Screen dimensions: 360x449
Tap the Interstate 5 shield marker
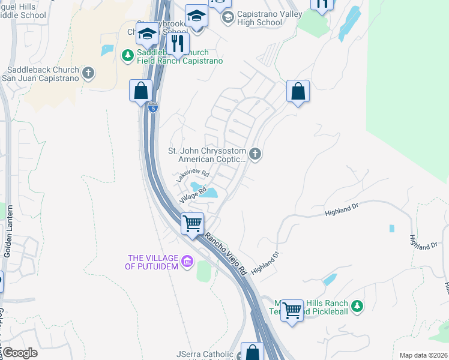pyautogui.click(x=154, y=109)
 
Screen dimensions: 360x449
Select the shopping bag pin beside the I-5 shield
pyautogui.click(x=140, y=91)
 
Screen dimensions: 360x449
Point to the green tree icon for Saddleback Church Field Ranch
pyautogui.click(x=127, y=56)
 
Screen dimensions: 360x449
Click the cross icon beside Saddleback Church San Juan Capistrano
pyautogui.click(x=88, y=73)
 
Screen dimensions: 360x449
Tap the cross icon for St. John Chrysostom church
pyautogui.click(x=255, y=155)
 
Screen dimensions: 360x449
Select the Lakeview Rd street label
pyautogui.click(x=192, y=176)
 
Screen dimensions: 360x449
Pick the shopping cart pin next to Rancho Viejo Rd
pyautogui.click(x=193, y=224)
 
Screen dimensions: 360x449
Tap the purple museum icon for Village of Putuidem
pyautogui.click(x=187, y=262)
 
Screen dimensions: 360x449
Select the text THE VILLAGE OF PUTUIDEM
pyautogui.click(x=152, y=262)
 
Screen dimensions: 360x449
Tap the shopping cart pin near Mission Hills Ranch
pyautogui.click(x=292, y=311)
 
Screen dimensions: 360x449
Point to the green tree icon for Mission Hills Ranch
pyautogui.click(x=357, y=307)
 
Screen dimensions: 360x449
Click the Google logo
pyautogui.click(x=20, y=353)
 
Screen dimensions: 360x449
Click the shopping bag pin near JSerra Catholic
pyautogui.click(x=252, y=352)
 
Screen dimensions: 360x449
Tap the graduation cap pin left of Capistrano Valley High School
pyautogui.click(x=196, y=15)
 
